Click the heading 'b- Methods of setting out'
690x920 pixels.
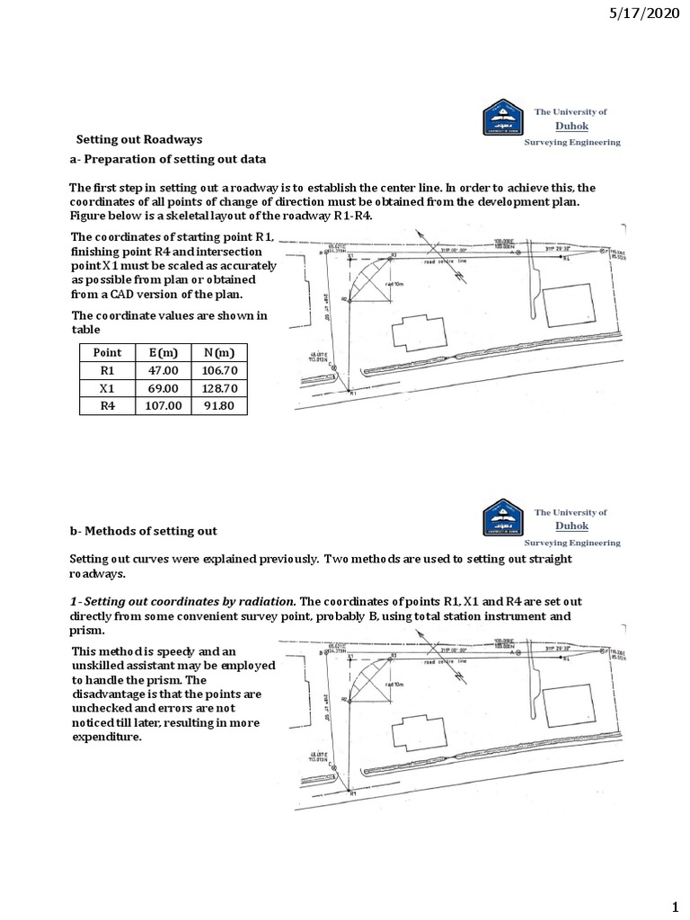(x=144, y=531)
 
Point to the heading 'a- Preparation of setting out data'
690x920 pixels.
(x=168, y=159)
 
